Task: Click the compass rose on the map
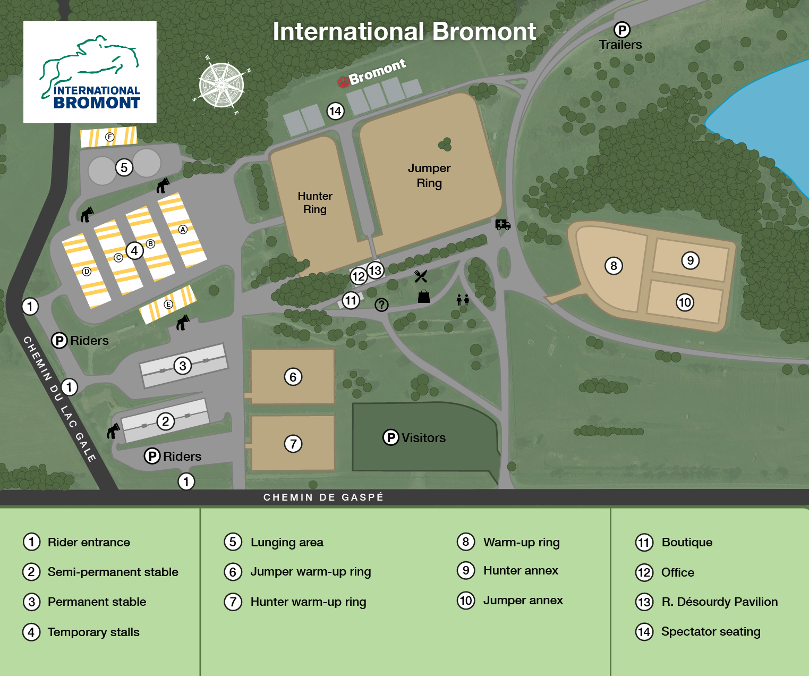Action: click(x=221, y=85)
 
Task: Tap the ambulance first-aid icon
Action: click(x=503, y=224)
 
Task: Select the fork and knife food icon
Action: click(x=420, y=276)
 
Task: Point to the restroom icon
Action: click(x=463, y=300)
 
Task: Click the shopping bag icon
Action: click(x=424, y=297)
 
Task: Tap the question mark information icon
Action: click(x=381, y=305)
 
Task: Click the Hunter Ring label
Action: click(x=315, y=202)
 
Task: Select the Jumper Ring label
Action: click(x=429, y=175)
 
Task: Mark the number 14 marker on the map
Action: click(x=335, y=111)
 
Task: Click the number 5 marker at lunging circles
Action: click(x=124, y=167)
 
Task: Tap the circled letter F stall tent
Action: click(x=109, y=137)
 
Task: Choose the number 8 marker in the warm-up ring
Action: click(x=614, y=266)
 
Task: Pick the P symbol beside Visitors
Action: click(x=390, y=437)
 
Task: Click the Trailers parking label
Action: click(x=620, y=45)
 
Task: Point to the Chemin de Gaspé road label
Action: click(x=323, y=497)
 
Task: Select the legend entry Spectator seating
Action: click(x=711, y=631)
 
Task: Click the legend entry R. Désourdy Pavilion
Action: click(x=720, y=602)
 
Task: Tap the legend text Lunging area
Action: click(x=287, y=542)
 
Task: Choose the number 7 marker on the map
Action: click(x=293, y=443)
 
